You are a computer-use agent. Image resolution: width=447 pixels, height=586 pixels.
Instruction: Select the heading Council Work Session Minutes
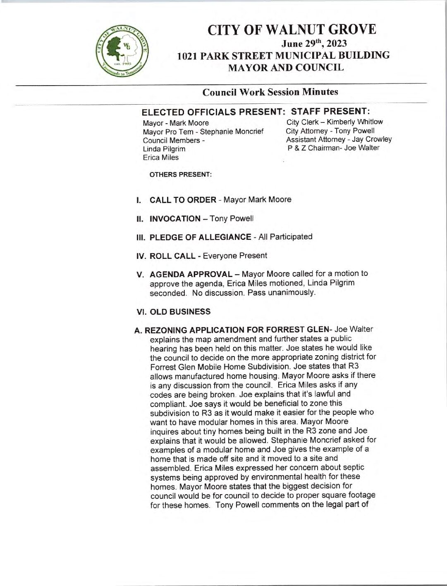(271, 92)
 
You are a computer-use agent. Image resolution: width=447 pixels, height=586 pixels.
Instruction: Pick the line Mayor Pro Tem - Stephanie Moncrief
(203, 132)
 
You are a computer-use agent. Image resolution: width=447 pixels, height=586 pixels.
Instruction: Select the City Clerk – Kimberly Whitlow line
(335, 122)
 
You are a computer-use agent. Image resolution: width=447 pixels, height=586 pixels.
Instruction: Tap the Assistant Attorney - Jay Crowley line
(339, 139)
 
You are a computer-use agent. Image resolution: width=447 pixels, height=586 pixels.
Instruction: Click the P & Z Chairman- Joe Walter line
(333, 148)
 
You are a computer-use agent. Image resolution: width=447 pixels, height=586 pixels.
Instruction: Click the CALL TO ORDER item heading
(182, 200)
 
